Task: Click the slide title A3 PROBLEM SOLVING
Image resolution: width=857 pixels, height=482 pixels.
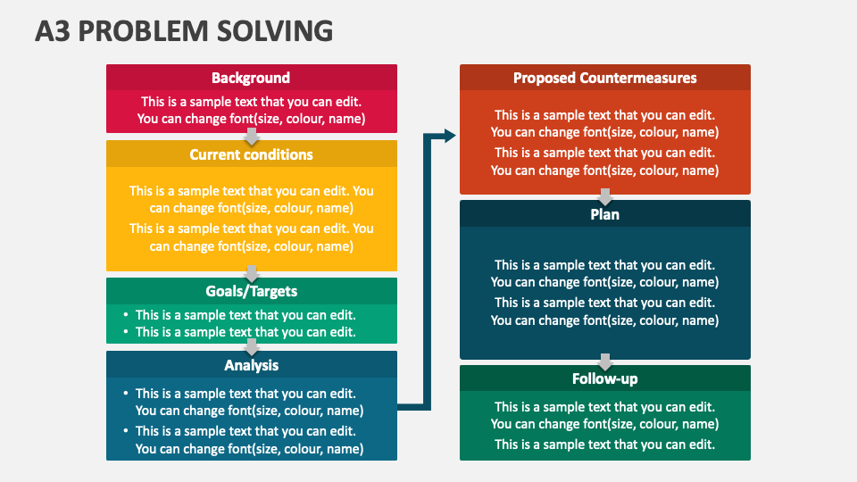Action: (x=184, y=31)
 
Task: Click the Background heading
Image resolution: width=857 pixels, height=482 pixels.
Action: (x=251, y=79)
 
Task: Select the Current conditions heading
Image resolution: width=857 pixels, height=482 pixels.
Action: (x=252, y=154)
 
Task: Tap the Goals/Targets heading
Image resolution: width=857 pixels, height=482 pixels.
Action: (x=252, y=291)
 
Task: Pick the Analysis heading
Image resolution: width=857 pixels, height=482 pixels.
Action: (x=252, y=365)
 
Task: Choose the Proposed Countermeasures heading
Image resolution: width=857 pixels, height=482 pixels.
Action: (x=605, y=79)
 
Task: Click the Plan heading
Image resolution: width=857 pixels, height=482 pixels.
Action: (x=605, y=214)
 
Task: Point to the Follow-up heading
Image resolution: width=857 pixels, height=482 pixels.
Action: (x=605, y=378)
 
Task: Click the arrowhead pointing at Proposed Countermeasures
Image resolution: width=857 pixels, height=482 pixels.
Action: (x=450, y=136)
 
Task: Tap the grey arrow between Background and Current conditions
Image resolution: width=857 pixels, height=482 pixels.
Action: (x=252, y=137)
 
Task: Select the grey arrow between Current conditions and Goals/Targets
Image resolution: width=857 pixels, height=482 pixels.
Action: (x=252, y=274)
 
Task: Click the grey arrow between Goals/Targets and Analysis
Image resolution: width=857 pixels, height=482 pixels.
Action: (x=252, y=347)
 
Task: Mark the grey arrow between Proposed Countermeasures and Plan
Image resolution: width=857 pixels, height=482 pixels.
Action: (x=605, y=196)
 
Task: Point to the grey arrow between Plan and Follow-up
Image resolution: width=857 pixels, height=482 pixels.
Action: (x=605, y=361)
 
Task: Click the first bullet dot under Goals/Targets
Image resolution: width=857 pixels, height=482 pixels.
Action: (x=126, y=314)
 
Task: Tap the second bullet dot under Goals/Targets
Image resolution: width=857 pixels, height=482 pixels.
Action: (x=126, y=331)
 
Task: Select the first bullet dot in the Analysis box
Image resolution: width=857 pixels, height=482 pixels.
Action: (x=126, y=393)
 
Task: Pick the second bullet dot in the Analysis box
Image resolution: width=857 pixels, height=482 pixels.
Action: (x=126, y=430)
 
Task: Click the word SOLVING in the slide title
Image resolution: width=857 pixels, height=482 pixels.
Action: (x=275, y=31)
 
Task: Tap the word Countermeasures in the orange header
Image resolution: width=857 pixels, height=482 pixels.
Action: (x=638, y=79)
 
